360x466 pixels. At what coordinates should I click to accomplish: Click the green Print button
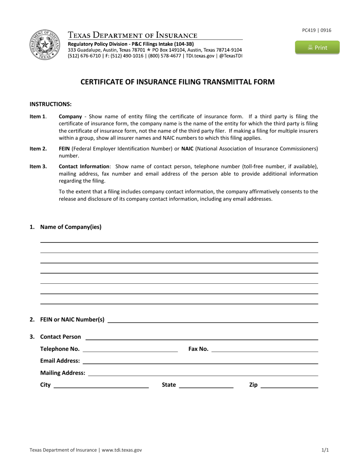coord(317,47)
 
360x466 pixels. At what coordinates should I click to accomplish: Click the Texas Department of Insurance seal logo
coord(45,45)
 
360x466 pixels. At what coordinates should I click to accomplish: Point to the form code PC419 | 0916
coord(316,30)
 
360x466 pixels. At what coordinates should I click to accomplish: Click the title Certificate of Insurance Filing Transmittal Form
coord(177,82)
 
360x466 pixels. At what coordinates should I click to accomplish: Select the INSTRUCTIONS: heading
coord(50,104)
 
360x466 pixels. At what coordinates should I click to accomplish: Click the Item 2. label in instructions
coord(38,149)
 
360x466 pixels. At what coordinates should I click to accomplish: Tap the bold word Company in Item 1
coord(70,116)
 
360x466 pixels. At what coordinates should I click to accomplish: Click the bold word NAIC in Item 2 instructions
coord(187,149)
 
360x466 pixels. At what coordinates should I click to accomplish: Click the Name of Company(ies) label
coord(70,227)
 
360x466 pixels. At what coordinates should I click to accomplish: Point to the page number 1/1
coord(325,450)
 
